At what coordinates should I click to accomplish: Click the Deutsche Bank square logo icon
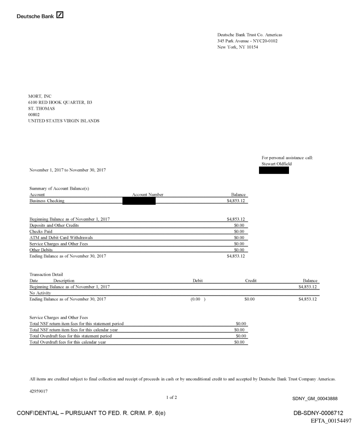point(60,16)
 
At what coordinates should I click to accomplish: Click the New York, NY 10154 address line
point(238,48)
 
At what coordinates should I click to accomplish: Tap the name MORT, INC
point(40,96)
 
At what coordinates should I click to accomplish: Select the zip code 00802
point(34,115)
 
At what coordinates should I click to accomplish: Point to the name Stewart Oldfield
point(276,164)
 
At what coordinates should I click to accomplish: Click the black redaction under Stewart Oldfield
point(274,170)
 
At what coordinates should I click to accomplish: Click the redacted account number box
point(139,201)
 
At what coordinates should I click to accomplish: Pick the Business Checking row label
point(47,201)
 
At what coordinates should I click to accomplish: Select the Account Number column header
point(148,195)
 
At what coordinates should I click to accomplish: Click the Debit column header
point(198,281)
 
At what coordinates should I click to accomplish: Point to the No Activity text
point(40,293)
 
